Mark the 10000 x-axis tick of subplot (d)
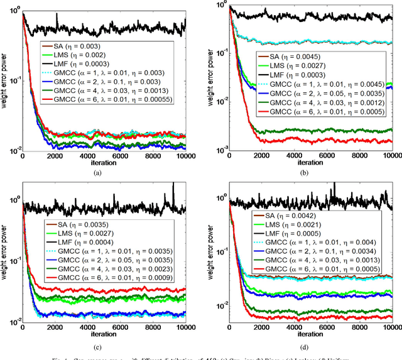390,327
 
